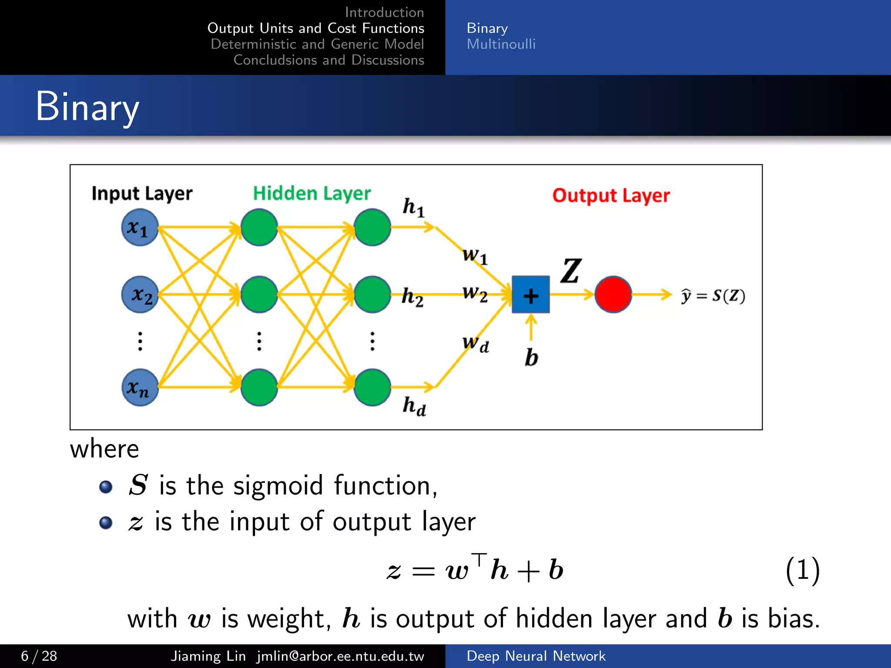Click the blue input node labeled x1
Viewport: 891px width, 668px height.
(x=139, y=227)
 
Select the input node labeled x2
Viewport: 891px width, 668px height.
(x=140, y=294)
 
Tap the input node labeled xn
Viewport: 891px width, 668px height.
(x=140, y=387)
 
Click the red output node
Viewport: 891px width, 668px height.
(x=613, y=294)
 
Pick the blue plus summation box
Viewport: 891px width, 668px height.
(x=530, y=294)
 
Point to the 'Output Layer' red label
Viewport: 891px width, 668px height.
(x=611, y=196)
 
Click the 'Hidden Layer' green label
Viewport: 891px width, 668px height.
(x=312, y=194)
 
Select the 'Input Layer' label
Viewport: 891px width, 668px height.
(x=142, y=194)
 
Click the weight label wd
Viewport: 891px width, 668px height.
(x=476, y=344)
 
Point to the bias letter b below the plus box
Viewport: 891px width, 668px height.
(x=531, y=357)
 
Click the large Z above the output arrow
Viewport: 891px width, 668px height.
(x=571, y=271)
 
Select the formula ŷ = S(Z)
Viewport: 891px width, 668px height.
(x=713, y=296)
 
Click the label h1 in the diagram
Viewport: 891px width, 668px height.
(x=413, y=207)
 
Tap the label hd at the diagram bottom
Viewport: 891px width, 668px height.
(x=414, y=406)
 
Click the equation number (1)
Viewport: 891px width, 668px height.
(x=803, y=570)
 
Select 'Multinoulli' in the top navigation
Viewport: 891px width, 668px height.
(x=501, y=44)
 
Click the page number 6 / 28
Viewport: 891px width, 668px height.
(x=39, y=656)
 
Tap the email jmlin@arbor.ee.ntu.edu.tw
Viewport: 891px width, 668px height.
(x=340, y=656)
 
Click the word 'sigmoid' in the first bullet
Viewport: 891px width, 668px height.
(x=278, y=486)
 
